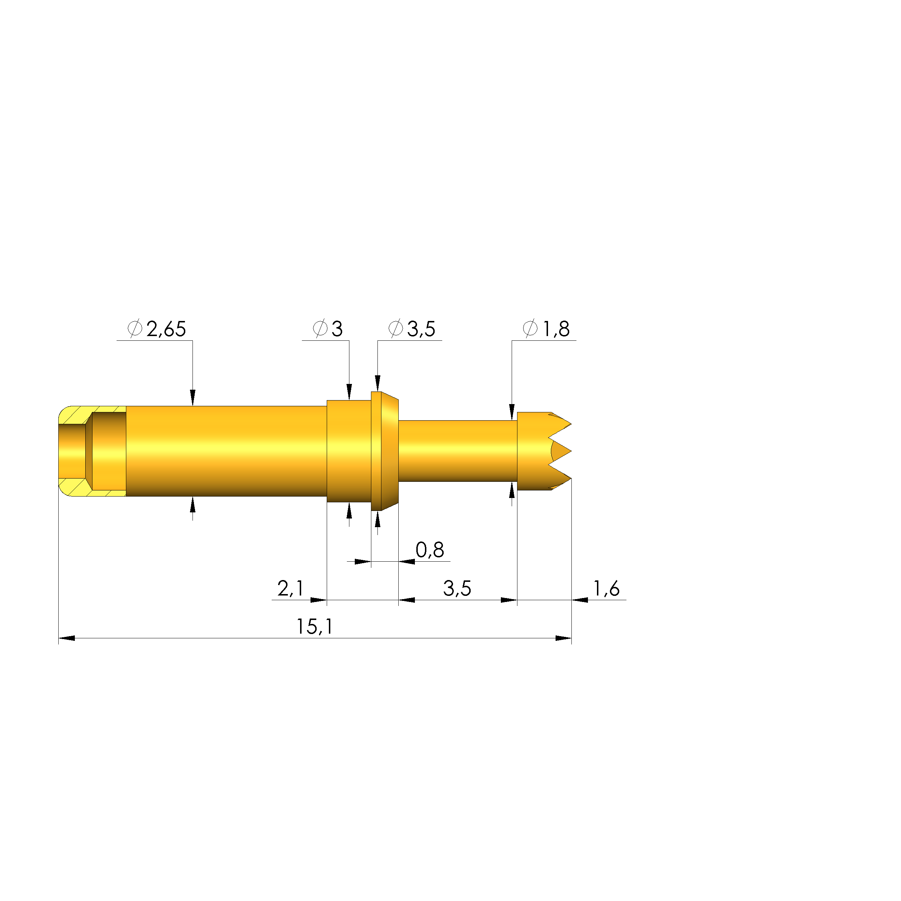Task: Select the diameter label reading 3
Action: tap(337, 329)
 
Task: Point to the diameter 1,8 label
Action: tap(556, 329)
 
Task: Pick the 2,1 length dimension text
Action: tap(290, 589)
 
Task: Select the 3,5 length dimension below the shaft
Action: tap(457, 589)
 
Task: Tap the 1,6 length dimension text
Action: tap(606, 589)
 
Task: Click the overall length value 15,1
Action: tap(315, 627)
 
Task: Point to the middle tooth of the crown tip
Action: tap(561, 452)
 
